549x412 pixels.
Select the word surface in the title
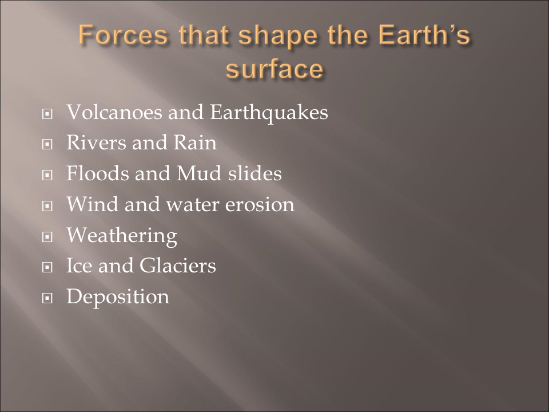(x=274, y=69)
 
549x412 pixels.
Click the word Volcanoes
(x=114, y=112)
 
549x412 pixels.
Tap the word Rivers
(x=96, y=142)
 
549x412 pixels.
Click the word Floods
(x=97, y=173)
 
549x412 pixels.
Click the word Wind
(x=92, y=204)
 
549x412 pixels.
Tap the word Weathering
(x=122, y=236)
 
